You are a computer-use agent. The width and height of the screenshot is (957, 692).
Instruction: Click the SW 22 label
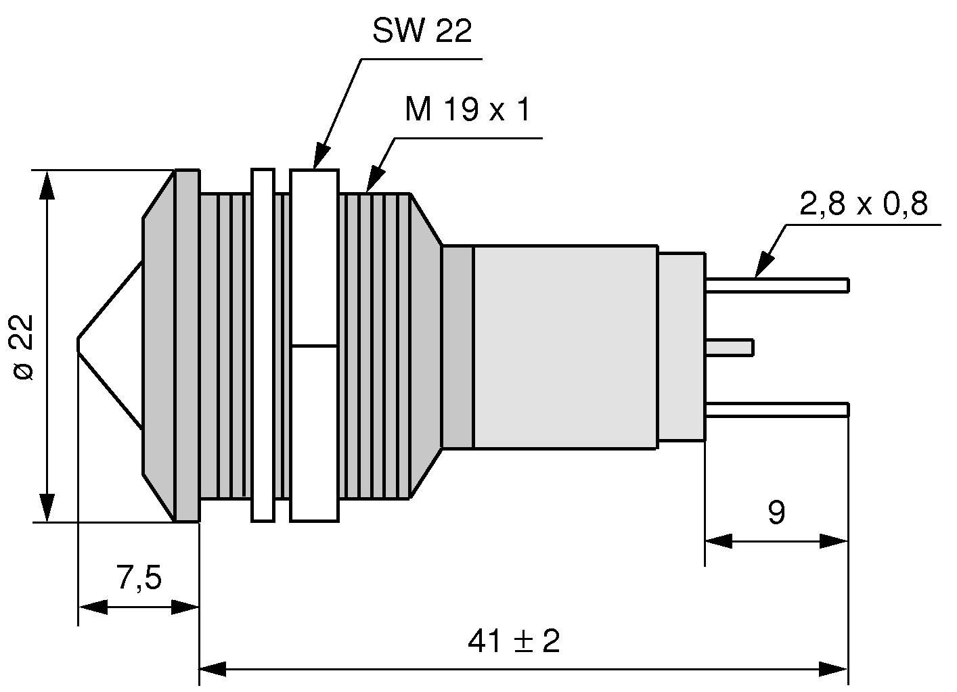[x=422, y=31]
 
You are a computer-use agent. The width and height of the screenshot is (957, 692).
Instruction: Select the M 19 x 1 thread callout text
[x=466, y=110]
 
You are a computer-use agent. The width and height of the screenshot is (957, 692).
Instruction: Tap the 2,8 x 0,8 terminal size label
[x=863, y=203]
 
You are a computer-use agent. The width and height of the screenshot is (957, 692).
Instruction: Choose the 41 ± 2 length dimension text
[x=514, y=640]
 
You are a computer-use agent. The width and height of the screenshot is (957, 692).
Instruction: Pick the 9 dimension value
[x=776, y=513]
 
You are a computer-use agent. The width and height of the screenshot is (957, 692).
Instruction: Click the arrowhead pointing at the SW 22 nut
[x=320, y=158]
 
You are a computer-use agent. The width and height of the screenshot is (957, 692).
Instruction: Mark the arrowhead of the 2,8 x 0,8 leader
[x=763, y=266]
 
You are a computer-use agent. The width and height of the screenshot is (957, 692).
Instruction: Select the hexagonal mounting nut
[x=314, y=346]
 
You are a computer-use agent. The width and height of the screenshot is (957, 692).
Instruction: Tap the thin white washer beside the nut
[x=263, y=346]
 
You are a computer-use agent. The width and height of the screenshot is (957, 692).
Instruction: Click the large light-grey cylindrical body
[x=565, y=347]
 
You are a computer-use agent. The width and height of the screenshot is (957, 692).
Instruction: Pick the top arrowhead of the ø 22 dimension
[x=47, y=185]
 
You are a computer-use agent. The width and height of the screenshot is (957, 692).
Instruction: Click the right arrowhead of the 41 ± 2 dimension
[x=834, y=670]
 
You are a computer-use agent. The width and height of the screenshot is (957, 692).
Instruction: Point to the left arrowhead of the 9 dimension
[x=719, y=541]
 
